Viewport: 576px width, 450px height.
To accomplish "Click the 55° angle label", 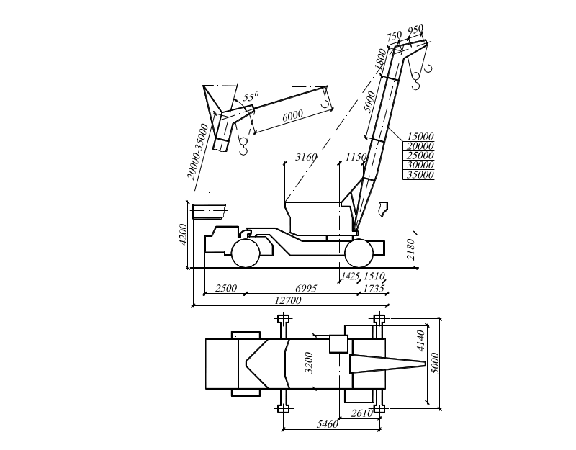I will tap(250, 96).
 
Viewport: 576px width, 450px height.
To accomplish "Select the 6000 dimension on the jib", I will tap(292, 116).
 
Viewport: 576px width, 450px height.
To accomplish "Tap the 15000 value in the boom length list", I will tap(420, 136).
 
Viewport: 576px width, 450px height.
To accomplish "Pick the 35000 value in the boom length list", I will tap(420, 174).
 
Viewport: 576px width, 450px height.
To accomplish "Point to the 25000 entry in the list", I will tap(420, 156).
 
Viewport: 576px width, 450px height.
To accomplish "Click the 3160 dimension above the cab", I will tap(307, 157).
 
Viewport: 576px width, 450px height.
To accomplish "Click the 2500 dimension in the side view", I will tap(225, 288).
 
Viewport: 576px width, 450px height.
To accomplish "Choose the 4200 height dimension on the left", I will tap(184, 234).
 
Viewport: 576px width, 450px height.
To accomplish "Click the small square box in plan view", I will tap(338, 343).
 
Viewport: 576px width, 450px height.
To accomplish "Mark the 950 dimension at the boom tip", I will tap(415, 30).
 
